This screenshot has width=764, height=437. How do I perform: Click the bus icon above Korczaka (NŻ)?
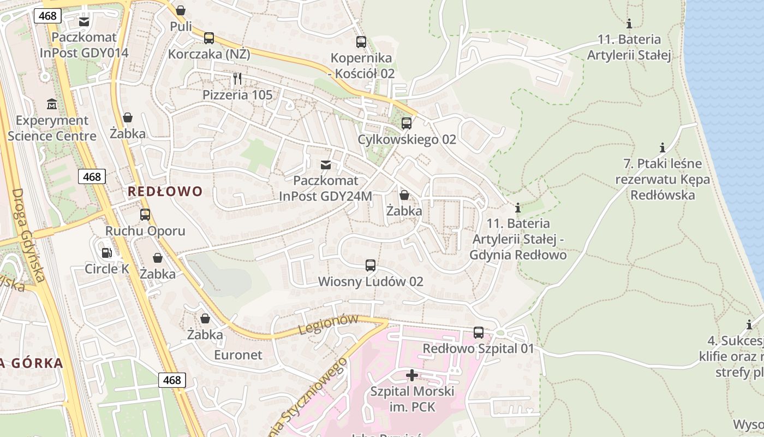coord(208,38)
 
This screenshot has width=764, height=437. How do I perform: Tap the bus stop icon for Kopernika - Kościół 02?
coord(361,42)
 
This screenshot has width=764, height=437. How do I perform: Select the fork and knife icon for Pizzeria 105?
coord(237,79)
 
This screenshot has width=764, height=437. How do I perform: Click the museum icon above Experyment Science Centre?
coord(52,104)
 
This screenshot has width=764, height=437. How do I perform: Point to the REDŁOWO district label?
coord(165,191)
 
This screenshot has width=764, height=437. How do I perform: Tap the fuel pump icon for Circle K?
coord(107,252)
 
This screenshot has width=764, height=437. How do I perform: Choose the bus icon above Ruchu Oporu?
coord(145,215)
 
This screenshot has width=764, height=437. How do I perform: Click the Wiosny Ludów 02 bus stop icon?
coord(370,265)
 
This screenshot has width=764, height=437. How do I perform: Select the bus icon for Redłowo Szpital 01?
coord(478,332)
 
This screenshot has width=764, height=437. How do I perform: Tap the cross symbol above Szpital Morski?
coord(412,375)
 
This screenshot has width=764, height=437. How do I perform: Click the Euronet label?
coord(237,355)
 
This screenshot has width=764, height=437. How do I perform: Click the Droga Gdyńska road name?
coord(27,235)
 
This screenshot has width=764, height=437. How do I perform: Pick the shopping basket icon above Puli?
coord(181,10)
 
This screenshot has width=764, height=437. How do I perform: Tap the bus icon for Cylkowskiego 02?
coord(406,123)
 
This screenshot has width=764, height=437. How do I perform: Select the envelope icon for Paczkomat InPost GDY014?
coord(84,22)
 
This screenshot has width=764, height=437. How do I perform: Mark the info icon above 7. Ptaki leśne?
coord(662,147)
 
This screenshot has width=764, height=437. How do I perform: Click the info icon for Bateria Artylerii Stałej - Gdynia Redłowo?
coord(517,208)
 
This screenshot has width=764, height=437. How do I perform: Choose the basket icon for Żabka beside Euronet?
coord(205,318)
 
